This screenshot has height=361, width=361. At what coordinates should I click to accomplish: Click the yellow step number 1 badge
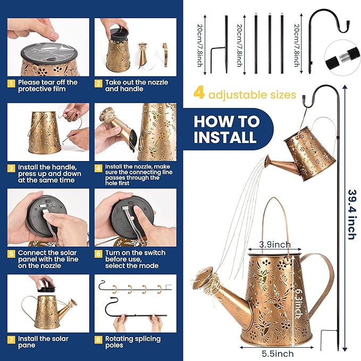pyautogui.click(x=11, y=83)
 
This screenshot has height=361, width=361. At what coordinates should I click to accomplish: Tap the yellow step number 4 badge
pyautogui.click(x=98, y=169)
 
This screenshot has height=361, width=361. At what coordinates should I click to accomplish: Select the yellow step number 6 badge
pyautogui.click(x=98, y=254)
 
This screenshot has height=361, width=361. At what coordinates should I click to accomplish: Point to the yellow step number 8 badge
pyautogui.click(x=98, y=340)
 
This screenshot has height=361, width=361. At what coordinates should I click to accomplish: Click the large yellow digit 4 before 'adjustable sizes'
pyautogui.click(x=199, y=93)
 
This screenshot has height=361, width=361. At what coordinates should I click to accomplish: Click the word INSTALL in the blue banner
pyautogui.click(x=225, y=137)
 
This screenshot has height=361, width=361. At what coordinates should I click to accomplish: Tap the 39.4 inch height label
pyautogui.click(x=353, y=215)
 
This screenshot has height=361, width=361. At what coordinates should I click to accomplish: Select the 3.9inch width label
pyautogui.click(x=275, y=245)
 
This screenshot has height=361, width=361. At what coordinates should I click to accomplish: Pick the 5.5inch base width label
pyautogui.click(x=278, y=354)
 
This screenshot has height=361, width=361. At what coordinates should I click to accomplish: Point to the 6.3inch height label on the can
pyautogui.click(x=299, y=304)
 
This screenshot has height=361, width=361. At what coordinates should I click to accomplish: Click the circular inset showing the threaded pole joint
pyautogui.click(x=342, y=58)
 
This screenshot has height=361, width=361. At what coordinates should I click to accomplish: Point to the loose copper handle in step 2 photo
pyautogui.click(x=165, y=55)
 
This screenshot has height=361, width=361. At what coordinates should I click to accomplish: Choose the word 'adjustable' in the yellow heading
pyautogui.click(x=238, y=95)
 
